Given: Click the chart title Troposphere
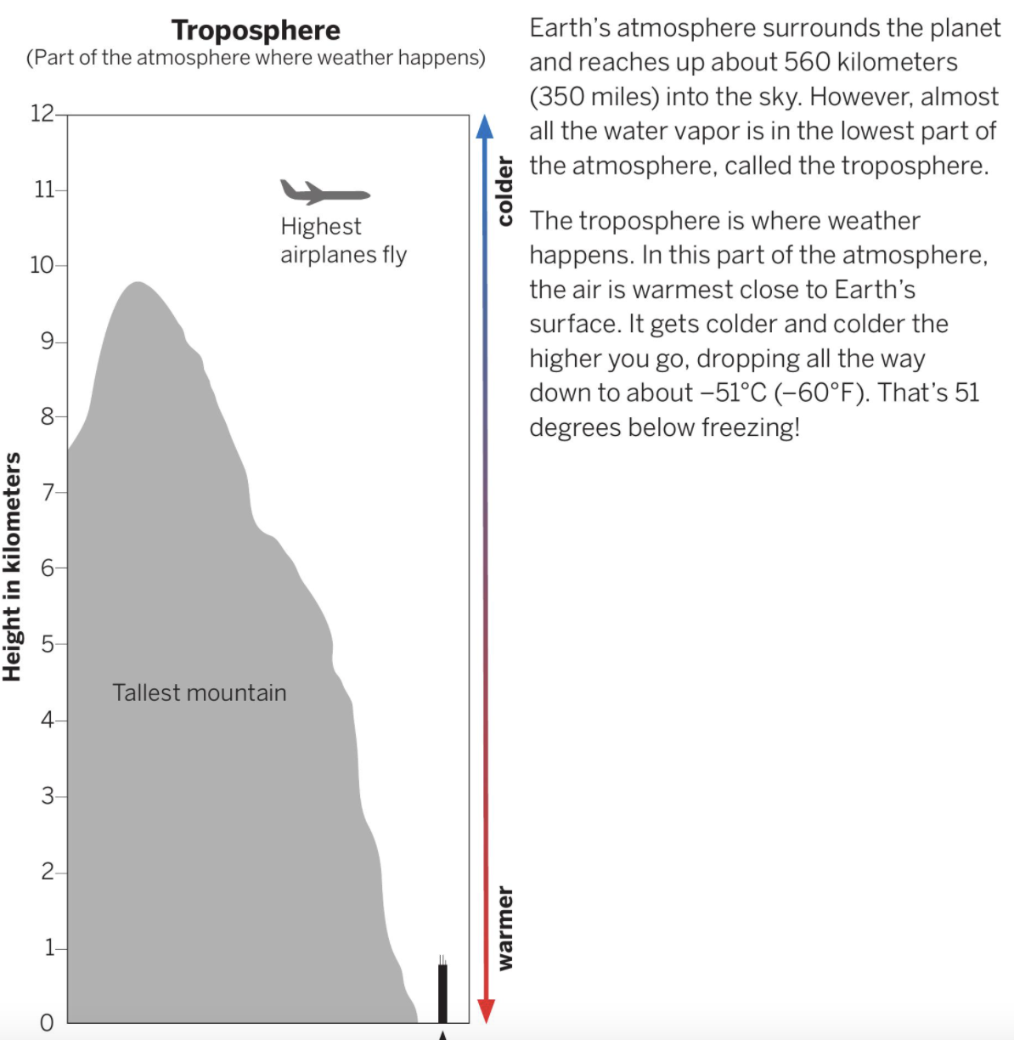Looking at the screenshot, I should pos(256,30).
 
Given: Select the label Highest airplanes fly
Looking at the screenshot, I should pos(343,240).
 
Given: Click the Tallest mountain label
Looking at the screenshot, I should pos(200,692).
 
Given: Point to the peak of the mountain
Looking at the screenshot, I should pos(137,284).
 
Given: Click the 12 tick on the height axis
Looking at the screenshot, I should pos(42,113).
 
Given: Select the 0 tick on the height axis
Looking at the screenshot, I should pos(48,1022).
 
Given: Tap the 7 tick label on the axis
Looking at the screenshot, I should pos(48,492).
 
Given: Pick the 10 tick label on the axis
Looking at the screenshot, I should pos(42,265).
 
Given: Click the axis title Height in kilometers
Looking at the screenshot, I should pos(12,567).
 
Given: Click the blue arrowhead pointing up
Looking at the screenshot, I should pos(484,127).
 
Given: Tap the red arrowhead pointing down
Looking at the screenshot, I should pos(486,1010).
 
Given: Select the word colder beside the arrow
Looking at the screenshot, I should pos(505,190).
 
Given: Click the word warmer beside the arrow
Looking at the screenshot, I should pos(505,928).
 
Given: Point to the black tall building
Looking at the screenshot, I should pos(442,992).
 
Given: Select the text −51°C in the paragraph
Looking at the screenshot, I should pos(732,393).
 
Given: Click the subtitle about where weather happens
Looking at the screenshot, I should pos(256,58).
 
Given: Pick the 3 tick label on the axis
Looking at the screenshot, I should pos(48,796).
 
